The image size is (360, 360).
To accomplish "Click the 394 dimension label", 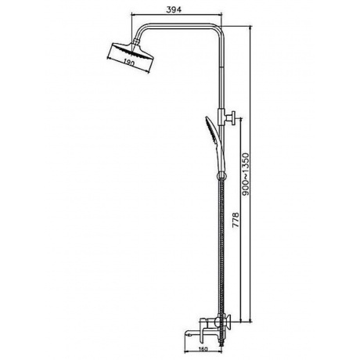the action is (174, 9).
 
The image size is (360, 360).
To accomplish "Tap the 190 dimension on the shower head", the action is (128, 63).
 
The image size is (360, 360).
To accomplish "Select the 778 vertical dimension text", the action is (236, 221).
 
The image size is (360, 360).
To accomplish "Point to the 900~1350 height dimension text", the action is (246, 174).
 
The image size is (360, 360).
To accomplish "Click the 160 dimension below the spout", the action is (203, 349).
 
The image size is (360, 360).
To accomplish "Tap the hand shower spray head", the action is (213, 131).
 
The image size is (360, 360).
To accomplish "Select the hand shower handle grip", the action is (220, 159).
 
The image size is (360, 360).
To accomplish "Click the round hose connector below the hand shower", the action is (221, 176).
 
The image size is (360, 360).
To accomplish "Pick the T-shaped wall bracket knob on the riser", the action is (231, 118).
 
